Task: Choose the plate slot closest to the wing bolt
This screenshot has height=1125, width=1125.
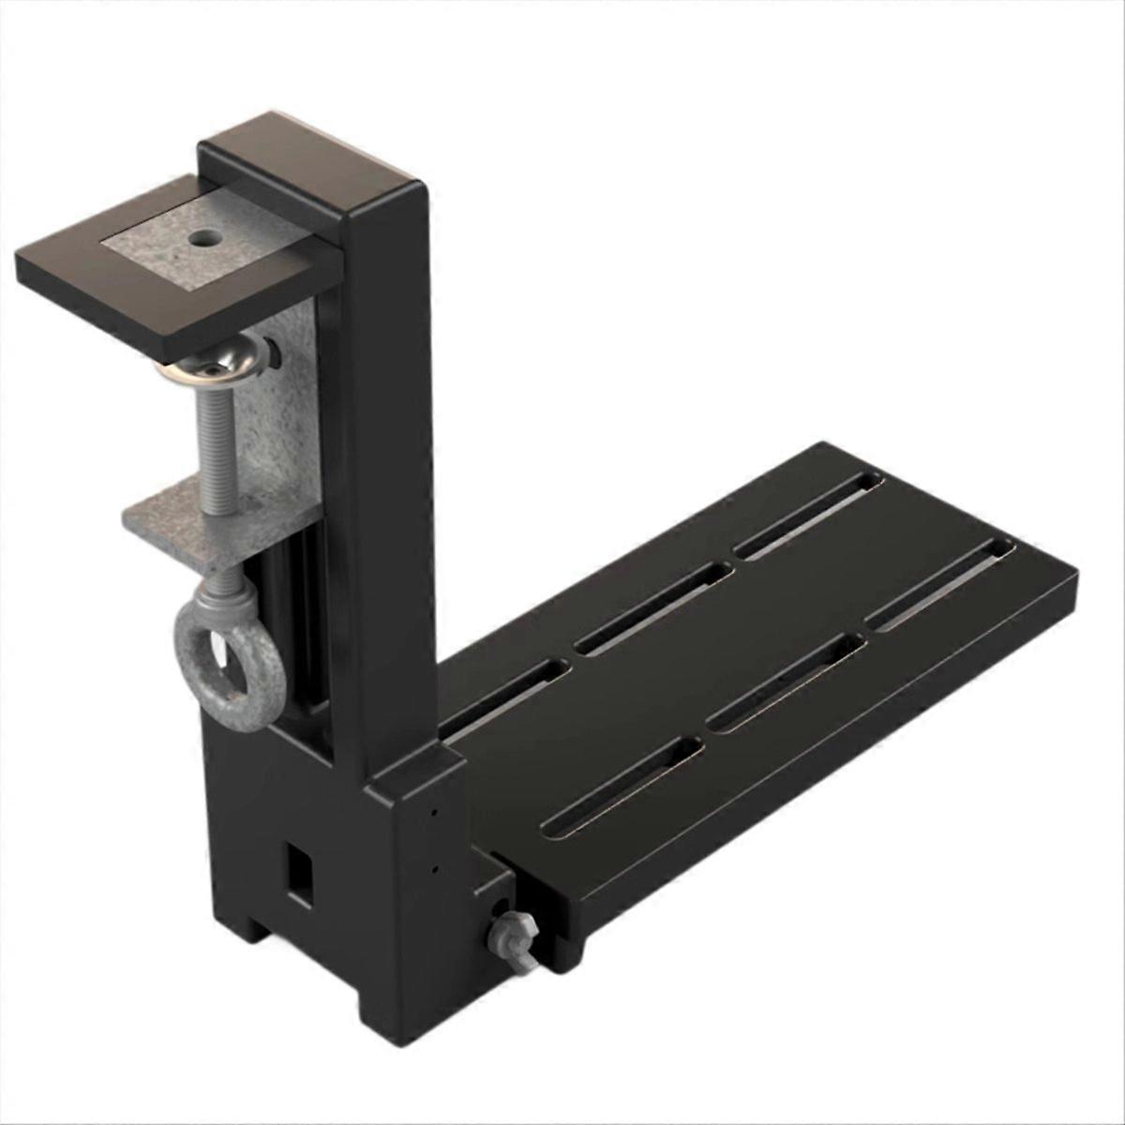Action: pyautogui.click(x=622, y=783)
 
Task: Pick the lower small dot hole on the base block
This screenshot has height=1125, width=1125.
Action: pyautogui.click(x=434, y=871)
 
